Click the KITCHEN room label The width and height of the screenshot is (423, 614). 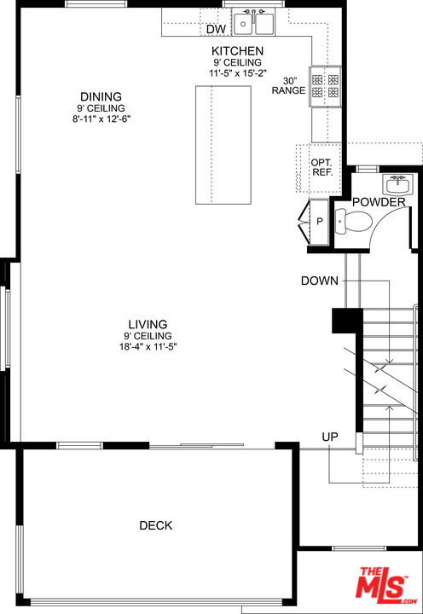237,51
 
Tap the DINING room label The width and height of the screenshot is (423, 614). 101,96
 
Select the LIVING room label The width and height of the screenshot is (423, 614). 148,324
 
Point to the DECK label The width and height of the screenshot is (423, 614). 156,525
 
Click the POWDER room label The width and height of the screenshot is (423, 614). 379,202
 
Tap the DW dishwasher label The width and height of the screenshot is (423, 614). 217,29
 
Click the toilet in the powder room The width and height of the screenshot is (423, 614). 353,222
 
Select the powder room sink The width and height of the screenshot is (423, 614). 397,184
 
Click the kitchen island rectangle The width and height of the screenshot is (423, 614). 223,145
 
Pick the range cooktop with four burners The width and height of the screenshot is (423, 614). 325,86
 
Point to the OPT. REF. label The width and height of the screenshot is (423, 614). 322,167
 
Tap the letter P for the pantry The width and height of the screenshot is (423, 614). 320,222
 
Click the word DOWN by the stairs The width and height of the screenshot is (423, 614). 320,281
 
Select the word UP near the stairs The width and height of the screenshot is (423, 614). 330,437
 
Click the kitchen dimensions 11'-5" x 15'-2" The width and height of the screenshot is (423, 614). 238,72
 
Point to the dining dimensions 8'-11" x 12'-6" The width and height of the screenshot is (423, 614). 101,119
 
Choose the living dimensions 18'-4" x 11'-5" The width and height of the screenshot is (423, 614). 148,346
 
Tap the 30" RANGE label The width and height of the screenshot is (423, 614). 288,86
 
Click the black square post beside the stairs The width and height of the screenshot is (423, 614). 347,321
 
